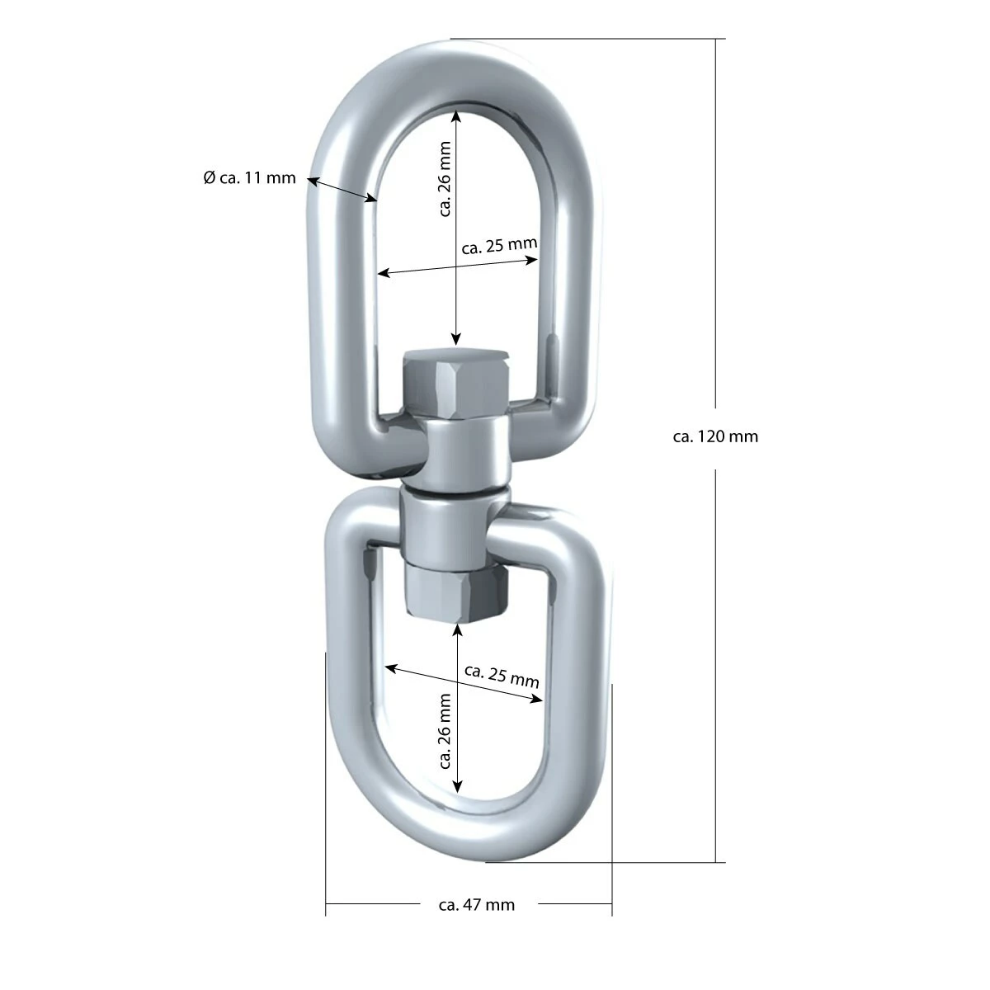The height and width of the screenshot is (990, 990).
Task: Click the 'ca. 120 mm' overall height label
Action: point(715,436)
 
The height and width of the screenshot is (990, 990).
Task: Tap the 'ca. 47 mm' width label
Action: point(477,905)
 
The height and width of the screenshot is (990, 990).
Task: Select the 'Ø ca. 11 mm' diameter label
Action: point(249,177)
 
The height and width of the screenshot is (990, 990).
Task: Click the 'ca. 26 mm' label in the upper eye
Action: point(445,179)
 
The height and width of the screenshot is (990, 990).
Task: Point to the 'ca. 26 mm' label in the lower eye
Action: point(445,730)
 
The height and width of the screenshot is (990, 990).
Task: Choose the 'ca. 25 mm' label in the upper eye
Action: point(500,245)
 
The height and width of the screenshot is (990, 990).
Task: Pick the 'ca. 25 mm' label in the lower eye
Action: point(502,676)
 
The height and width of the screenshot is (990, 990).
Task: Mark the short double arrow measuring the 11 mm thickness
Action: point(342,188)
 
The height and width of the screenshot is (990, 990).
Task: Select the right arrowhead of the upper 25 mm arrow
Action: point(533,260)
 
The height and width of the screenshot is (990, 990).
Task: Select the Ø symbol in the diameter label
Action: point(209,177)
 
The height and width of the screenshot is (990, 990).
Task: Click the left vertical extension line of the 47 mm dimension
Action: point(326,784)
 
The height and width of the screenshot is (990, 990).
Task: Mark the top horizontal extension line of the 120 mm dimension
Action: point(586,39)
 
